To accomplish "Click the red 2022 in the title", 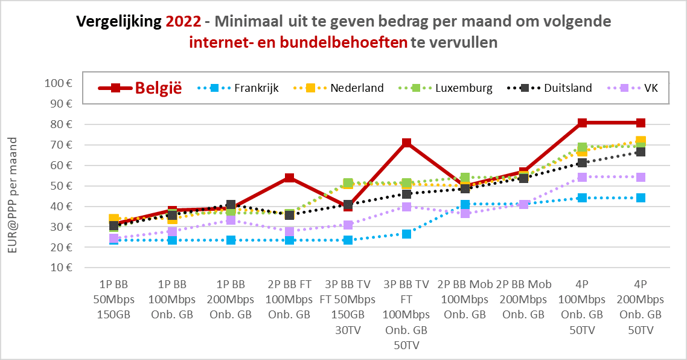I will tap(184, 22).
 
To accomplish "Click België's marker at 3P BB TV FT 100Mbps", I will tap(406, 143).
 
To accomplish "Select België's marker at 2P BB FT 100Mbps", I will tap(289, 178).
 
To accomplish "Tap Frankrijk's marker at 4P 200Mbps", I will tap(641, 198).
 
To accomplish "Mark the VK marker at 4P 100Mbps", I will tap(582, 177).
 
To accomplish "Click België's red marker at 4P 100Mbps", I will tap(582, 123).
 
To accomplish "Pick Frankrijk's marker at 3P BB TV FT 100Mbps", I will tap(406, 234).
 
